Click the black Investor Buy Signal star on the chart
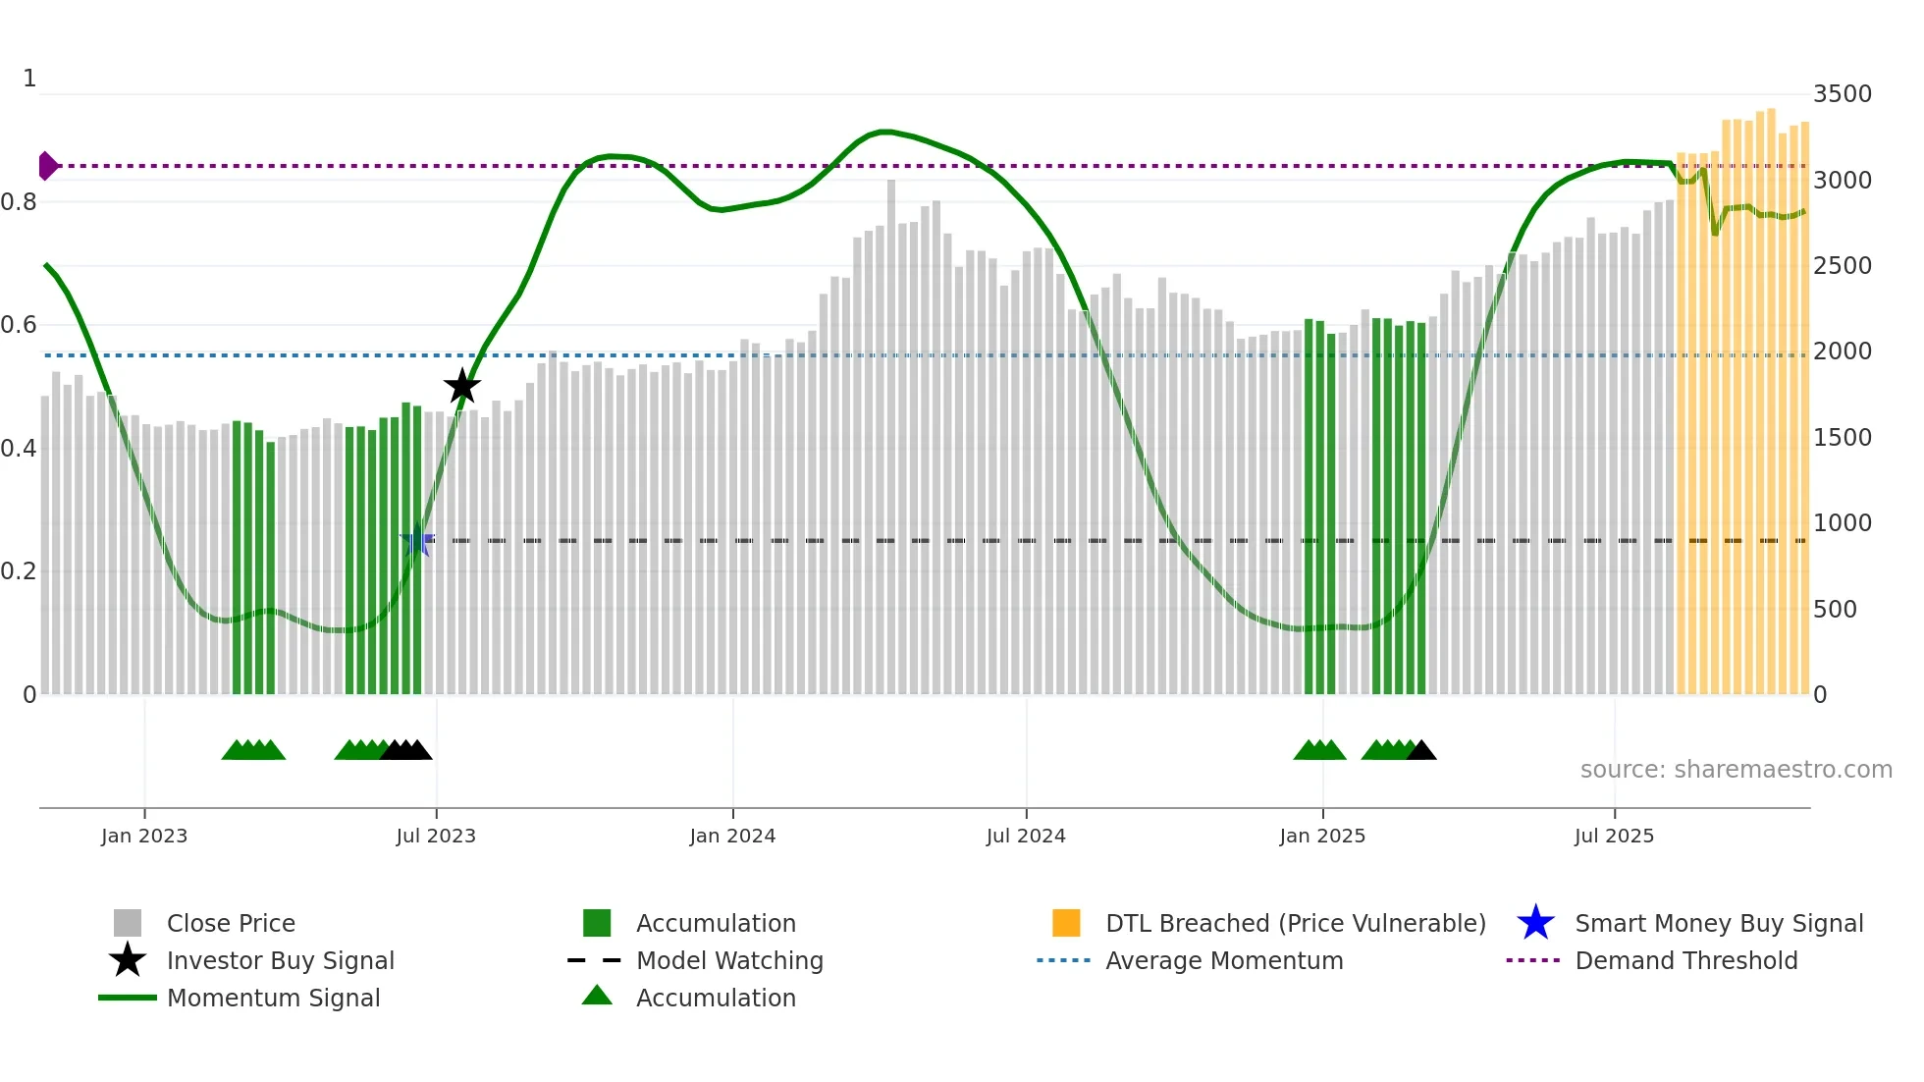pyautogui.click(x=461, y=387)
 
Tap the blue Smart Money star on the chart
pyautogui.click(x=417, y=540)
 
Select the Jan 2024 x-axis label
pyautogui.click(x=732, y=836)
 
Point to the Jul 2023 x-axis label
pyautogui.click(x=436, y=836)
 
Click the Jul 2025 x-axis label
pyautogui.click(x=1614, y=836)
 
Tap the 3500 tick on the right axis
pyautogui.click(x=1842, y=94)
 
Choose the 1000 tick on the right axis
pyautogui.click(x=1842, y=523)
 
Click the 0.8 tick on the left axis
pyautogui.click(x=19, y=202)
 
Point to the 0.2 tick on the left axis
pyautogui.click(x=19, y=571)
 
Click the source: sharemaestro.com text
pyautogui.click(x=1736, y=770)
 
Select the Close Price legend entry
pyautogui.click(x=231, y=923)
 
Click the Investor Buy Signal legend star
pyautogui.click(x=128, y=960)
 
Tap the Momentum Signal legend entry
pyautogui.click(x=273, y=998)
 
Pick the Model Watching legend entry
pyautogui.click(x=729, y=960)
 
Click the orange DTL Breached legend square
pyautogui.click(x=1066, y=923)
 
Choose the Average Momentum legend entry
pyautogui.click(x=1224, y=960)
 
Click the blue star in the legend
pyautogui.click(x=1535, y=923)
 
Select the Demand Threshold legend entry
pyautogui.click(x=1685, y=960)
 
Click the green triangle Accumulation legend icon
pyautogui.click(x=597, y=996)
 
